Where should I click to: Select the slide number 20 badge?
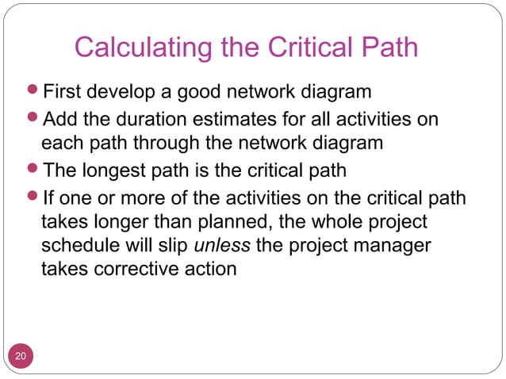click(x=21, y=356)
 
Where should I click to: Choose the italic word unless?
click(x=222, y=245)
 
